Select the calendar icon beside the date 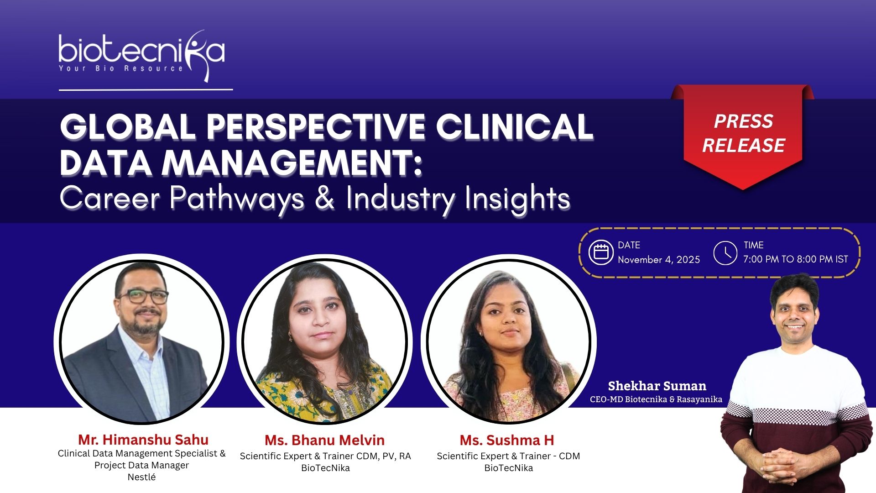pyautogui.click(x=600, y=252)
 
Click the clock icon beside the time pyautogui.click(x=725, y=252)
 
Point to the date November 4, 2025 pyautogui.click(x=659, y=259)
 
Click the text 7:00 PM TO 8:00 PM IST pyautogui.click(x=795, y=259)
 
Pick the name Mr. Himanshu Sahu pyautogui.click(x=143, y=440)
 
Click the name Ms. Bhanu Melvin pyautogui.click(x=325, y=440)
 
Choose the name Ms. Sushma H pyautogui.click(x=507, y=440)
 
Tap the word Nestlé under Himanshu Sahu pyautogui.click(x=141, y=477)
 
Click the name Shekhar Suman pyautogui.click(x=657, y=386)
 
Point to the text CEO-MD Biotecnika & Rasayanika pyautogui.click(x=656, y=399)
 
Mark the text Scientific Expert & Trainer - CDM pyautogui.click(x=508, y=456)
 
